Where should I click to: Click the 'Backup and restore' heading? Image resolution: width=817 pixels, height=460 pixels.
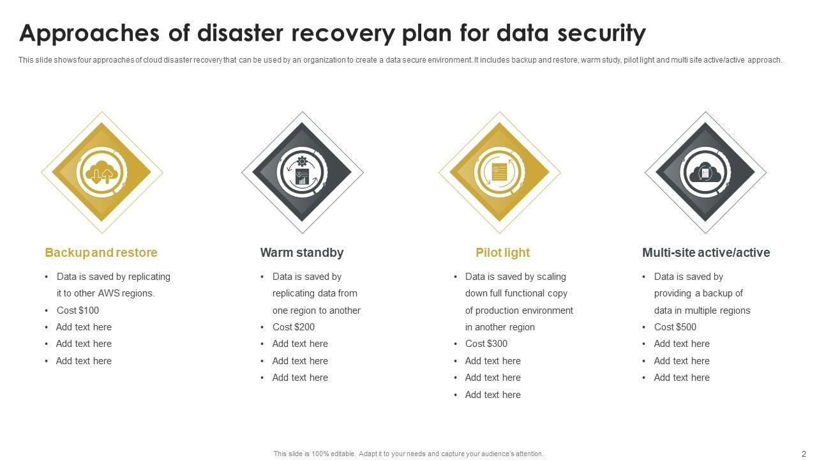click(x=101, y=252)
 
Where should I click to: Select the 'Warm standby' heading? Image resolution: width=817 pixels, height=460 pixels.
click(x=301, y=252)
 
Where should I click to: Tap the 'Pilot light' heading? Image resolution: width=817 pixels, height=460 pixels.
click(x=502, y=252)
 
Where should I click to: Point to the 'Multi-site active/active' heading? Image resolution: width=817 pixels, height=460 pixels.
click(x=706, y=252)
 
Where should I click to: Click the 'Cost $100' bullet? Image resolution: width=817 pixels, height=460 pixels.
click(x=77, y=310)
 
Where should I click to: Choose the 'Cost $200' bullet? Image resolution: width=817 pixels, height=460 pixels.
click(x=293, y=327)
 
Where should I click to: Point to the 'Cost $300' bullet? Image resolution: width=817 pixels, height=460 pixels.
click(x=486, y=344)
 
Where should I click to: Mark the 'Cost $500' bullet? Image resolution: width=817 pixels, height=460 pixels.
click(x=675, y=327)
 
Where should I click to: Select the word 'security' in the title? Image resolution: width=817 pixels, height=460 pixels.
click(x=598, y=33)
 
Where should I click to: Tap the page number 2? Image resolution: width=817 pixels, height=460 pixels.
click(x=804, y=454)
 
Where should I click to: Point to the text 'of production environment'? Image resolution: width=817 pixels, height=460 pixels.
click(x=519, y=310)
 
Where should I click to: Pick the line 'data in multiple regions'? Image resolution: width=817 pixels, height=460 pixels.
click(x=702, y=310)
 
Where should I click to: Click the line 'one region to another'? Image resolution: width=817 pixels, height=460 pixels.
click(x=317, y=310)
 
